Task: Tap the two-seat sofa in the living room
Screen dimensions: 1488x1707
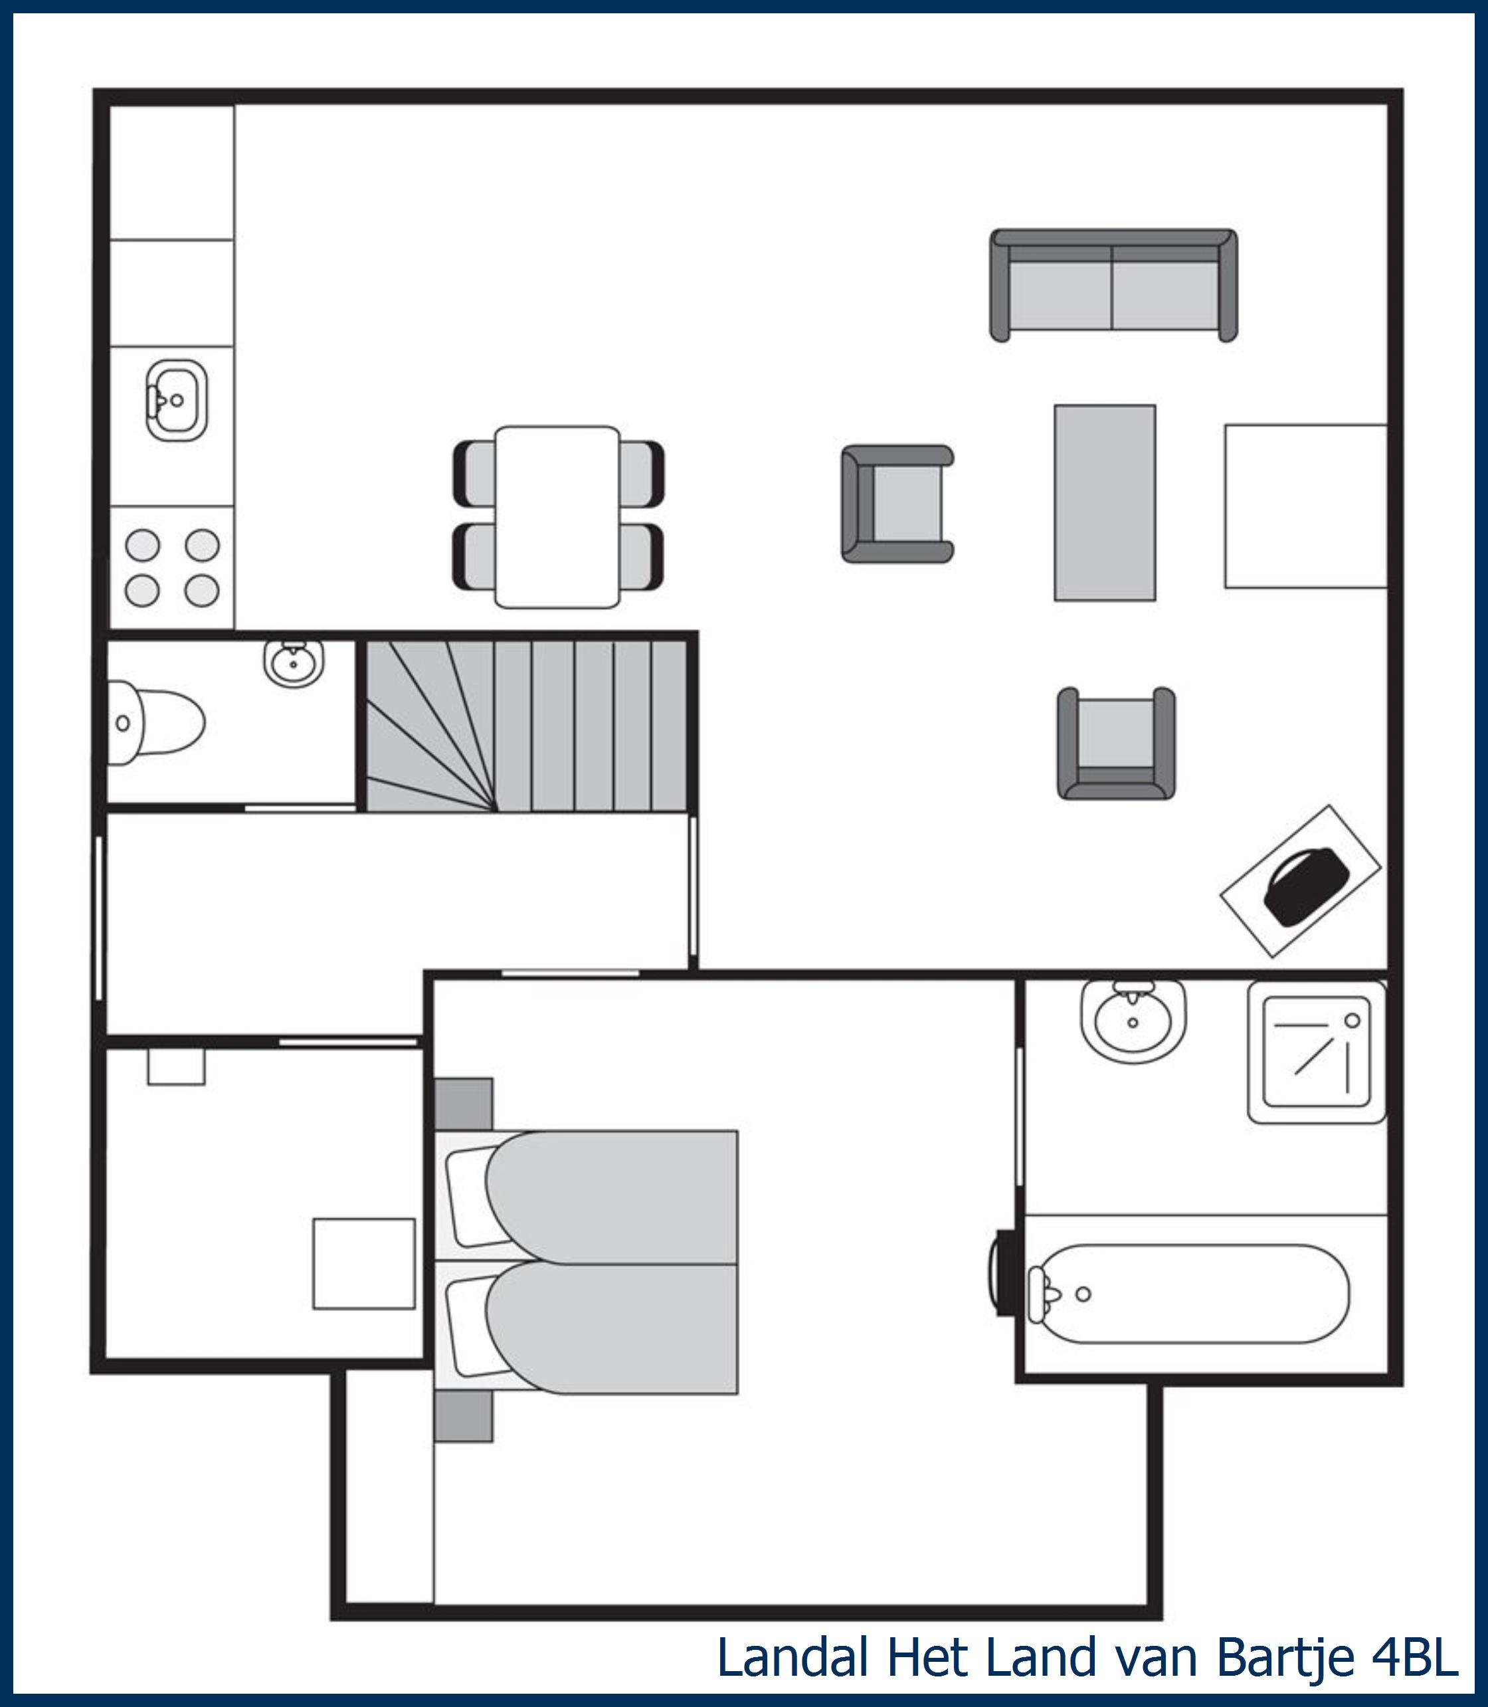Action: coord(1113,285)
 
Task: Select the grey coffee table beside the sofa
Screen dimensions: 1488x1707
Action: coord(1104,502)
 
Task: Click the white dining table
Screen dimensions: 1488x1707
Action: coord(557,517)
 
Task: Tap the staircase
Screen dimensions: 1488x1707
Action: coord(526,725)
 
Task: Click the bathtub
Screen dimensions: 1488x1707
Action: coord(1188,1293)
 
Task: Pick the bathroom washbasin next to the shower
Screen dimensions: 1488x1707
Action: coord(1133,1022)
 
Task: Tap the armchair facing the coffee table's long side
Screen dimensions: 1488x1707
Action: coord(897,504)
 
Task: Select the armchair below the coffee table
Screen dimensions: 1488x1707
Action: coord(1116,743)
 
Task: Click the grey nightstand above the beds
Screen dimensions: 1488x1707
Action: coord(464,1104)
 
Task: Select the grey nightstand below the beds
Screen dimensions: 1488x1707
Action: coord(464,1416)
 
